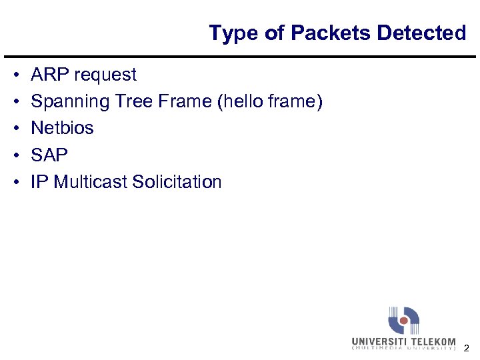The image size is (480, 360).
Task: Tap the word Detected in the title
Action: pos(421,33)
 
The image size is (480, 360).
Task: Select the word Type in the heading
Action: pos(231,33)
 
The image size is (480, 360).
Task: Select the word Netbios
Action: pos(62,128)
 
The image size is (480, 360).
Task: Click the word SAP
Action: pos(49,155)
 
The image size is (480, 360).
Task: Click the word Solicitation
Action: pos(177,181)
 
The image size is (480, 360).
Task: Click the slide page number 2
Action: pos(467,348)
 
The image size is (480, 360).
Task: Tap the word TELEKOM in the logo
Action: pos(433,342)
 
